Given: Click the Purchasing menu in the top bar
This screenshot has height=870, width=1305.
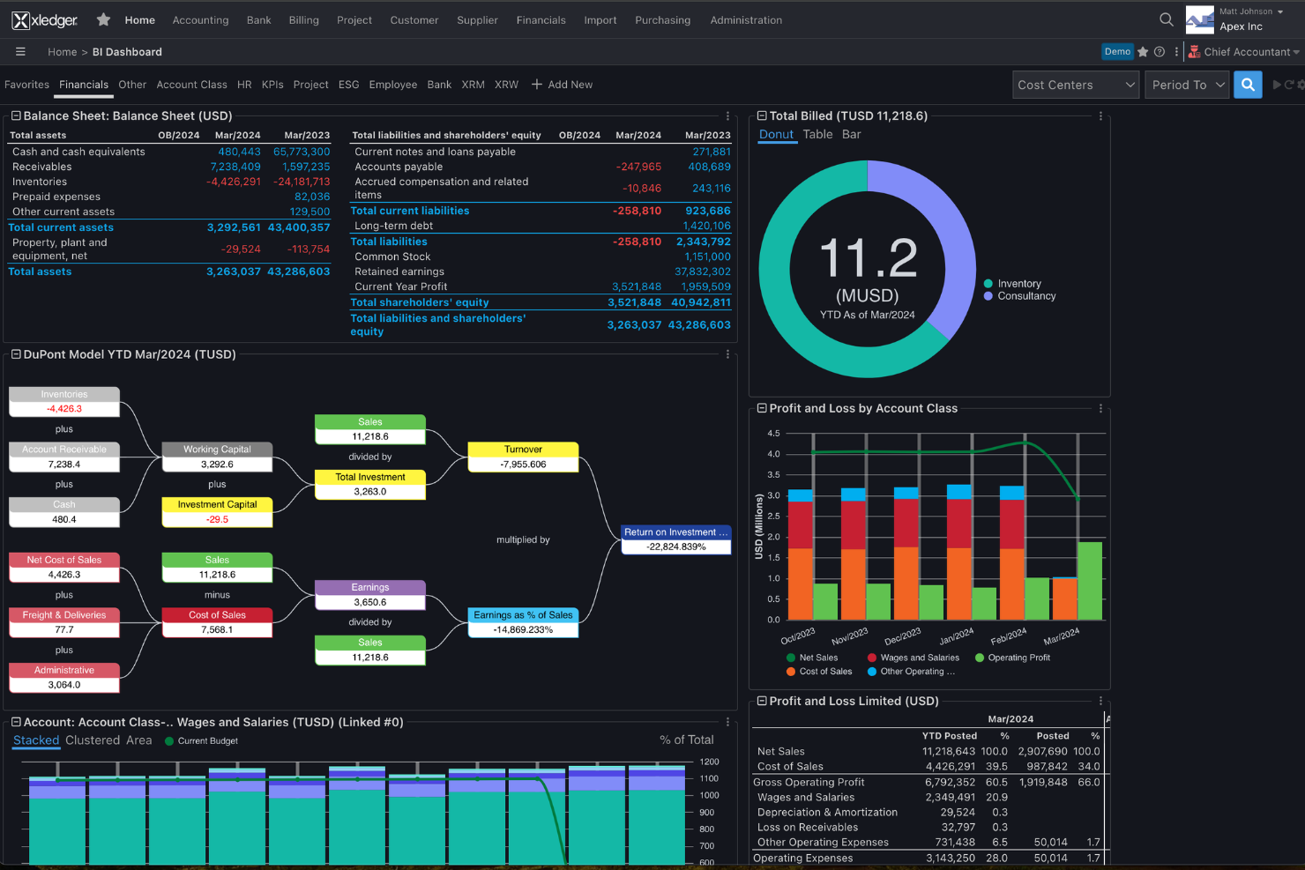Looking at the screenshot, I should click(x=662, y=20).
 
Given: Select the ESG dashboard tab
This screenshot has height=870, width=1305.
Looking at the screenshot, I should click(x=348, y=85).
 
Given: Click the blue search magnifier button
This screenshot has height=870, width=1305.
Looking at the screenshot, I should click(x=1248, y=85).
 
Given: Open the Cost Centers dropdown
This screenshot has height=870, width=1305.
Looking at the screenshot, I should click(x=1075, y=85).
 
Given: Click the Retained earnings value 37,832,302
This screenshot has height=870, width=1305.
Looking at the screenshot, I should click(x=702, y=271).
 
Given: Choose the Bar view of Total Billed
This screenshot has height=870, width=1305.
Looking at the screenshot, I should click(x=851, y=134).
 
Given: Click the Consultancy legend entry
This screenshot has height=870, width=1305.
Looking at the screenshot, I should click(x=1025, y=296).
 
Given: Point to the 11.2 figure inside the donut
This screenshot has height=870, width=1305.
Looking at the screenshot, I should click(x=868, y=259).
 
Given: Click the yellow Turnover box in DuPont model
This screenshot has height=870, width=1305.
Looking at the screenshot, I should click(x=523, y=457).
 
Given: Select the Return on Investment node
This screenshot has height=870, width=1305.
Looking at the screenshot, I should click(x=675, y=539).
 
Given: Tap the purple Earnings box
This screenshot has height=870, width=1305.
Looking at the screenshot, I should click(x=369, y=595).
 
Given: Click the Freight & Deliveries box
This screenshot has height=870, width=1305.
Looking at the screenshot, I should click(x=64, y=622).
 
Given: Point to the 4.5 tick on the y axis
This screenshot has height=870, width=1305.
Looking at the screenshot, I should click(x=773, y=434).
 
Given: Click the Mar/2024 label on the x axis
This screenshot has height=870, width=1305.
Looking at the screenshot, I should click(x=1061, y=636).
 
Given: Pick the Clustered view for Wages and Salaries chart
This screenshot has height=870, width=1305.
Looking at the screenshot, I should click(x=93, y=740).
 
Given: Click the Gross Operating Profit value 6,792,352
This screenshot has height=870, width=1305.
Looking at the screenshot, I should click(x=950, y=782).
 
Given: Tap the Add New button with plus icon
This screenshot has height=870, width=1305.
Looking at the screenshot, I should click(x=562, y=85).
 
